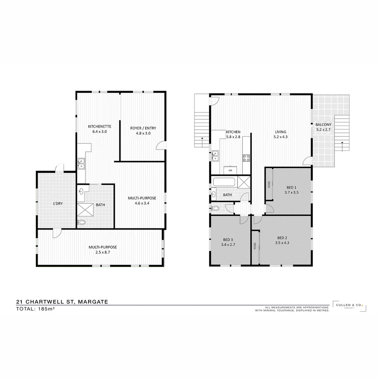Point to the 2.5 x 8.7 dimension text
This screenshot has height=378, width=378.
[102, 252]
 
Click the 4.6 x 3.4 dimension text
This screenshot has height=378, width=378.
[142, 203]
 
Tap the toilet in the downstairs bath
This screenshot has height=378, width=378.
[82, 222]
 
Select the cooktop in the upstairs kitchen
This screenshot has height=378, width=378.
[246, 158]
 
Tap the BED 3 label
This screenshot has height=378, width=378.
[228, 240]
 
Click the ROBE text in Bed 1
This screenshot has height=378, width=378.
[269, 184]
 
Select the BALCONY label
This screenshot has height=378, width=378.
[323, 125]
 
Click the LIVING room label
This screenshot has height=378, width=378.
[280, 132]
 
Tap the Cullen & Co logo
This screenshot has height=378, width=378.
[349, 306]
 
